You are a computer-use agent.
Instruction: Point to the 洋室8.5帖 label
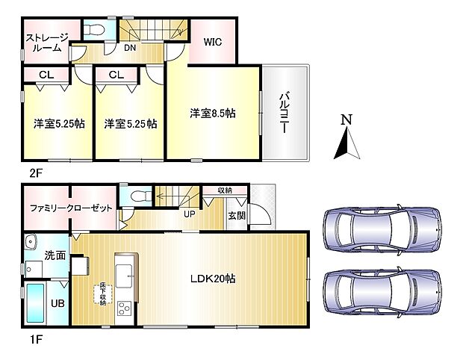[x=213, y=114]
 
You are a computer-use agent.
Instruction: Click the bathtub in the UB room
[x=37, y=302]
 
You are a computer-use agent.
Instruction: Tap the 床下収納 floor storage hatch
[x=103, y=294]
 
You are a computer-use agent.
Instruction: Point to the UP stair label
[x=190, y=213]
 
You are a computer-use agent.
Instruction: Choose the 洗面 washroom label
[x=55, y=255]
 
